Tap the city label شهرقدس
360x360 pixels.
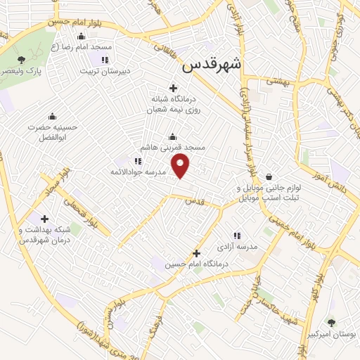point(211,65)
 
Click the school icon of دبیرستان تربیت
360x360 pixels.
point(105,60)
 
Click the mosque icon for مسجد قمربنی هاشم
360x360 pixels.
point(173,136)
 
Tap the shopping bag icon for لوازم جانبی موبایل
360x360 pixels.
point(270,176)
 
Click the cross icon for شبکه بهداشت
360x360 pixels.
point(45,219)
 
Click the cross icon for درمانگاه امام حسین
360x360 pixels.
point(196,252)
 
